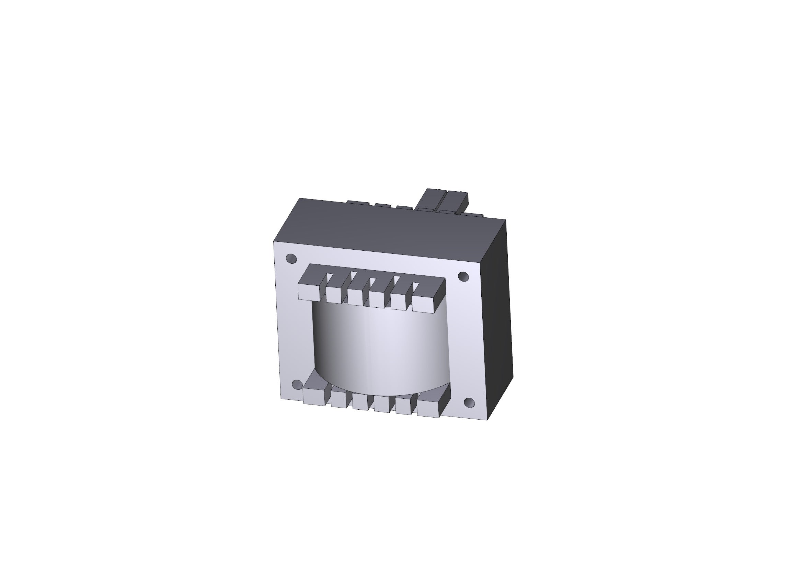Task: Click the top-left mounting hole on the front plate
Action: (x=291, y=259)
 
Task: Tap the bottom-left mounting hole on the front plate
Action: (x=297, y=385)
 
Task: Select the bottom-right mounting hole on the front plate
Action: (x=469, y=403)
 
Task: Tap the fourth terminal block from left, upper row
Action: (x=377, y=299)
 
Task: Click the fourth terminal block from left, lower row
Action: (x=382, y=404)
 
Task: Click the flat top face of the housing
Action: (x=388, y=227)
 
